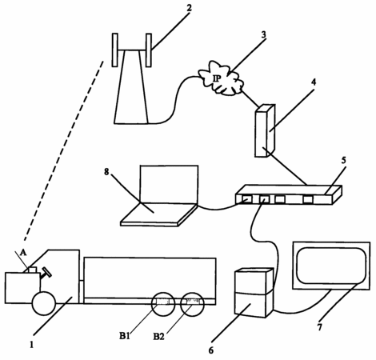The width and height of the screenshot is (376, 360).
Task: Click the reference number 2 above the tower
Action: [x=189, y=8]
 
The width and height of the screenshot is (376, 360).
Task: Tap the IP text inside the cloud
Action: [x=217, y=78]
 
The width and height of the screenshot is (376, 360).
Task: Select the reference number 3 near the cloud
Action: [x=263, y=34]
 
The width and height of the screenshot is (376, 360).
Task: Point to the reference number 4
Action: [x=314, y=82]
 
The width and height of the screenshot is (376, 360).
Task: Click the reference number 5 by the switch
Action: [x=344, y=160]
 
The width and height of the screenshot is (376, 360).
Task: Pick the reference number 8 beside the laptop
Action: [x=106, y=172]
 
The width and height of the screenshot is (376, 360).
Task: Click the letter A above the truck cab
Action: [x=23, y=253]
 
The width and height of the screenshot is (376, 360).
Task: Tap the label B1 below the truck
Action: [x=124, y=336]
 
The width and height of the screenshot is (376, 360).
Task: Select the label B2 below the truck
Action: [x=158, y=337]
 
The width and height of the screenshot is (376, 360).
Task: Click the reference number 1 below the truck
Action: [x=32, y=345]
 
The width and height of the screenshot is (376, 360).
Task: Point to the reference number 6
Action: [x=211, y=350]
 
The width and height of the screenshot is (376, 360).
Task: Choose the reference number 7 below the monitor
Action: [x=320, y=327]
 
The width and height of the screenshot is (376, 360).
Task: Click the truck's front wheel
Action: [x=44, y=303]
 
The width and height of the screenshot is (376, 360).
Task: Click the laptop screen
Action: [x=169, y=185]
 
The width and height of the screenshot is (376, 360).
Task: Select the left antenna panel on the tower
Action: [x=115, y=50]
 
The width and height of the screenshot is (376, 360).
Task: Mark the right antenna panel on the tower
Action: [x=149, y=50]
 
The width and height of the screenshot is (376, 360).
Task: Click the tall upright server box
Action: [x=265, y=130]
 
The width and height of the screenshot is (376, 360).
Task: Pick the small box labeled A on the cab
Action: [x=33, y=270]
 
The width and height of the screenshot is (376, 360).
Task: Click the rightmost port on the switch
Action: [x=308, y=199]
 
